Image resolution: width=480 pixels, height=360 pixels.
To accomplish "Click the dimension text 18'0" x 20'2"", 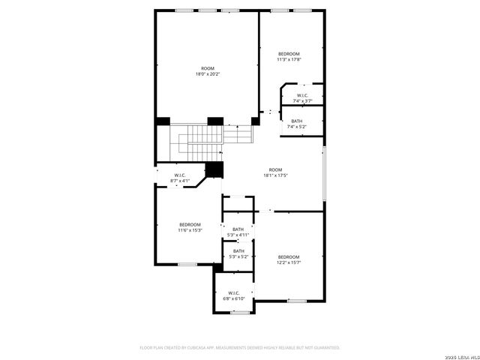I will [x=208, y=74].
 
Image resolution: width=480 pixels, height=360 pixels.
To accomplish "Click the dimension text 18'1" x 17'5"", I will [x=275, y=175].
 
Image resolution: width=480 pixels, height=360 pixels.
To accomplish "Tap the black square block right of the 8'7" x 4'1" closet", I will [x=215, y=170].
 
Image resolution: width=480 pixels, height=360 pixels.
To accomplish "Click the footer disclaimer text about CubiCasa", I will [x=240, y=348].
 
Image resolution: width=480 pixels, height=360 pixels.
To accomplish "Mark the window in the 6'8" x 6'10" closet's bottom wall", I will [x=239, y=312].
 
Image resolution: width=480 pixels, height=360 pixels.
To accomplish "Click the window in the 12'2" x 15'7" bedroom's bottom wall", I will [x=297, y=301].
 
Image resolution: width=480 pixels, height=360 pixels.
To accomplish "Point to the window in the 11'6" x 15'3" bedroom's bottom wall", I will [x=187, y=263].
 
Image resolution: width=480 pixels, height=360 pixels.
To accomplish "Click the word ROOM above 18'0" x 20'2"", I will [x=208, y=68].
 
